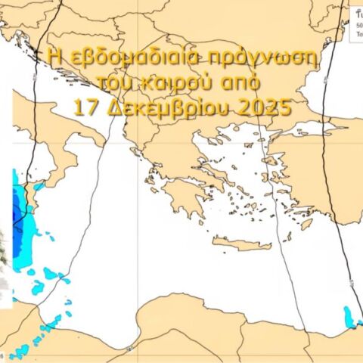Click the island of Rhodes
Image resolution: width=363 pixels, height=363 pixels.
[306, 224]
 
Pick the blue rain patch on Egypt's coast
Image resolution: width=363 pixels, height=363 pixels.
[349, 315]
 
